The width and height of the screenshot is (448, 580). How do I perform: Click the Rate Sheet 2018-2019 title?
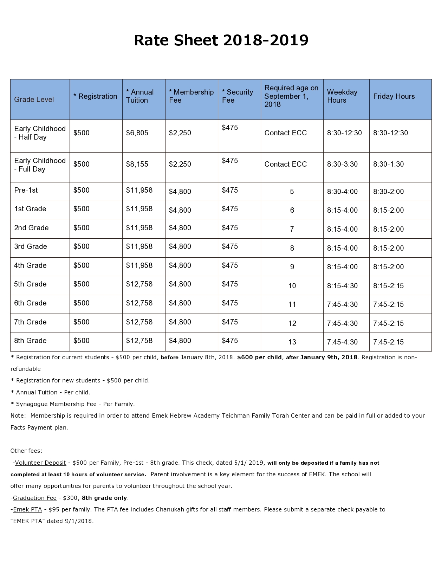[221, 40]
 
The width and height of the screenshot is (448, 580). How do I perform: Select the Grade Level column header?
[34, 99]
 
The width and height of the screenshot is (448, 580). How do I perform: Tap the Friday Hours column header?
[394, 96]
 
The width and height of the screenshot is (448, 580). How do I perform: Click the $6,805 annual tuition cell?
[137, 133]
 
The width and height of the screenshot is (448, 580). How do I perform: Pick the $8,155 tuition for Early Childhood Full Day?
[137, 164]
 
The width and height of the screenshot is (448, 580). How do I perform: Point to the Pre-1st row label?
[26, 190]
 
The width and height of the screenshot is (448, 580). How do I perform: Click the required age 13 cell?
[292, 342]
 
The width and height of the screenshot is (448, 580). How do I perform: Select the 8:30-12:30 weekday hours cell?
[344, 133]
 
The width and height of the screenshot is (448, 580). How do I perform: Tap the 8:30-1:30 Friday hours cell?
[388, 164]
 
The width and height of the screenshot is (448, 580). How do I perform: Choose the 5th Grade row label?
[30, 284]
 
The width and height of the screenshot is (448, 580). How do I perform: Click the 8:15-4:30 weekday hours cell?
[342, 286]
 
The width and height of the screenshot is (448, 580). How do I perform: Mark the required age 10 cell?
[292, 286]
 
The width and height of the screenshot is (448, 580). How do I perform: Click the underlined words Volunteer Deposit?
[40, 463]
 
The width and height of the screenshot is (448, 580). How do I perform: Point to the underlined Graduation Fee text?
[35, 498]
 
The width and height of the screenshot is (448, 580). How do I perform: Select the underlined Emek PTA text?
[27, 509]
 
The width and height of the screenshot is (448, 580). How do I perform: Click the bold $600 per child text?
[259, 357]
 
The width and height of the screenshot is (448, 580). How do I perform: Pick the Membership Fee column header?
[191, 96]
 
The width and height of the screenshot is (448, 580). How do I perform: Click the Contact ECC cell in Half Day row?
[285, 133]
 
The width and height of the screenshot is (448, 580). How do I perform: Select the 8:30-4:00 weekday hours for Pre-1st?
[342, 192]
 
